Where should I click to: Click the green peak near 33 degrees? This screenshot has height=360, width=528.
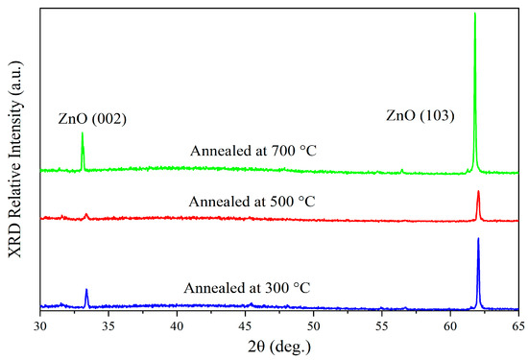83,134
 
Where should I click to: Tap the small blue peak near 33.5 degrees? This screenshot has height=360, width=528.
86,290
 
